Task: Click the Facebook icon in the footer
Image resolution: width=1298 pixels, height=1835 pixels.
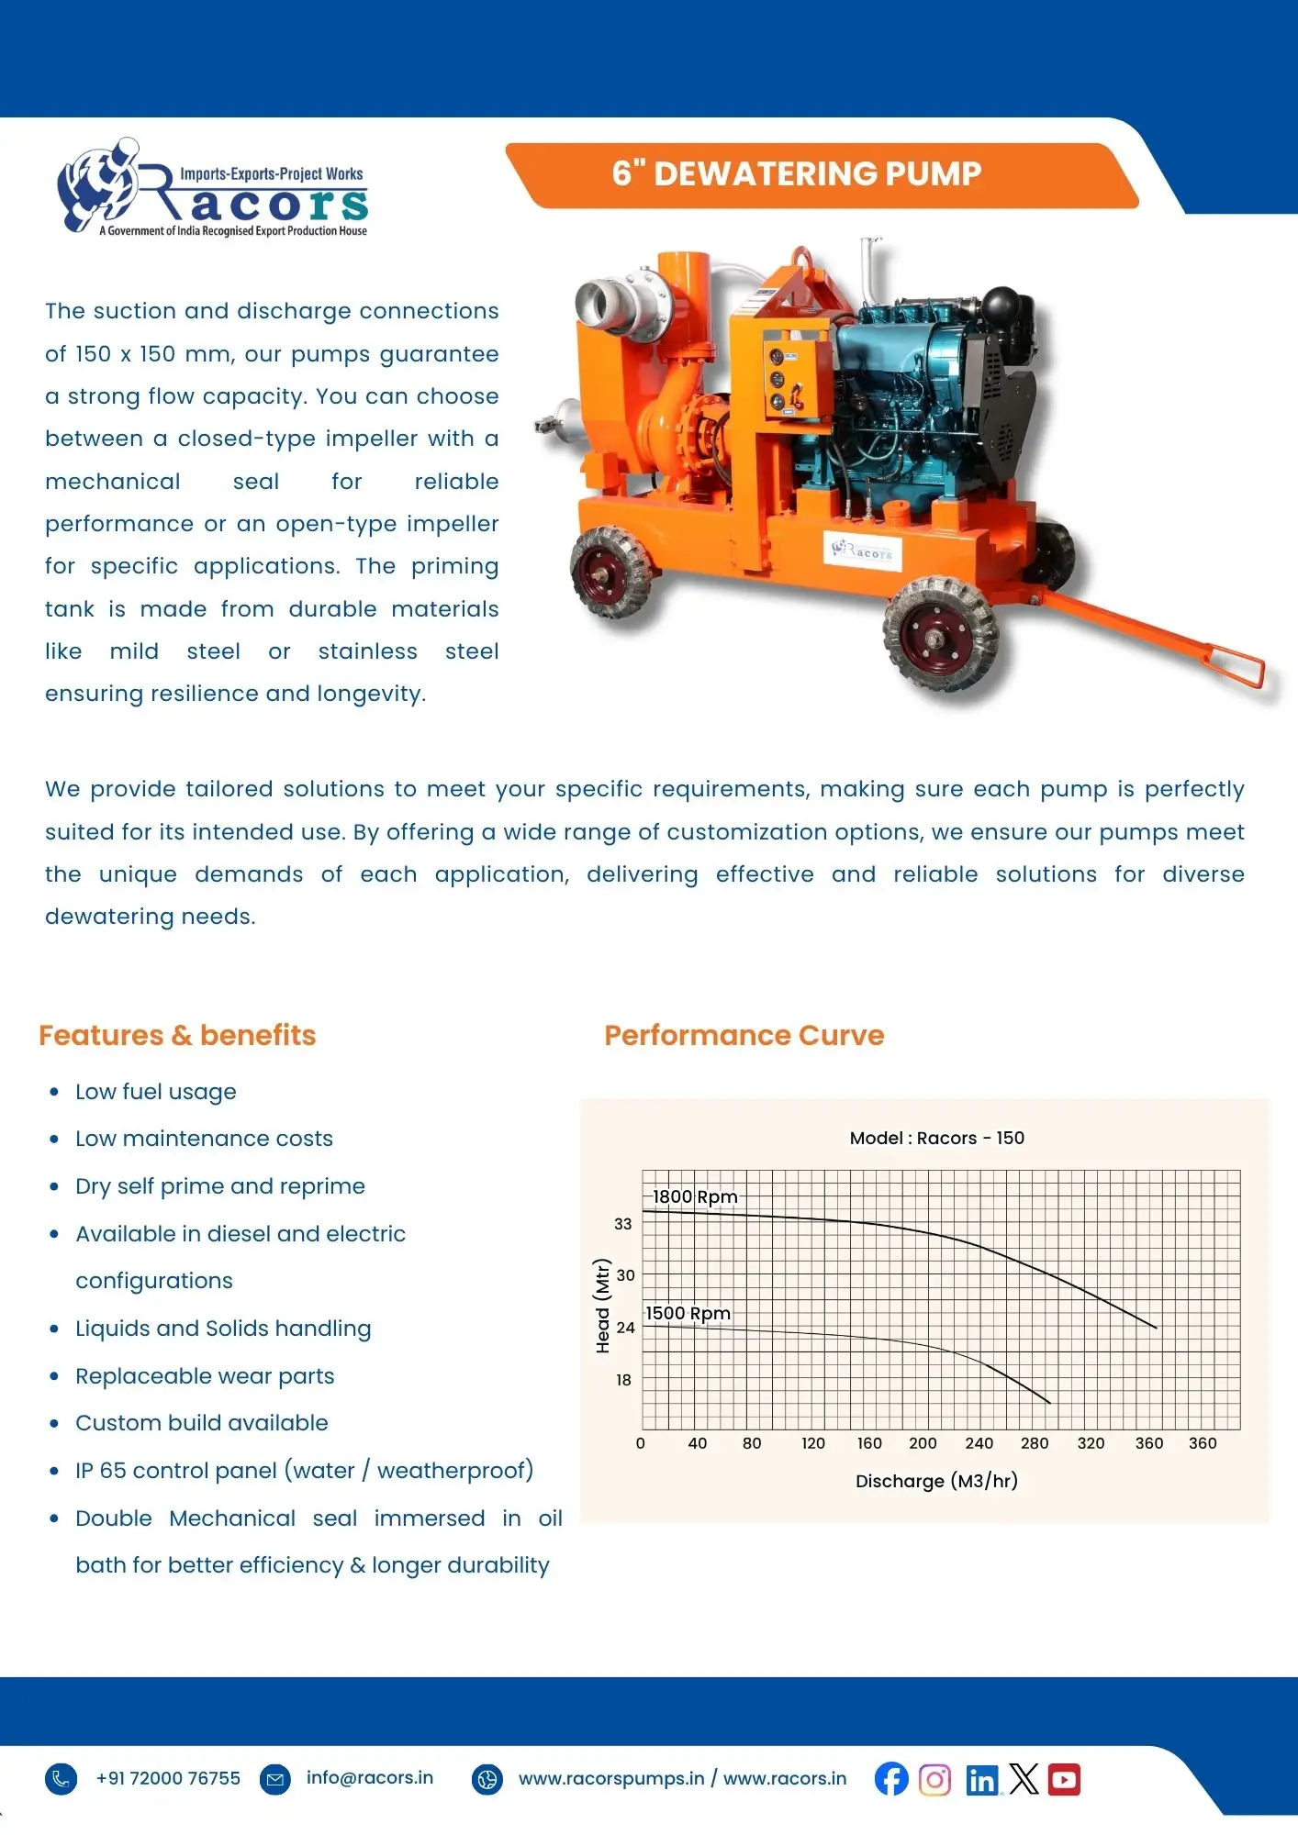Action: pos(890,1779)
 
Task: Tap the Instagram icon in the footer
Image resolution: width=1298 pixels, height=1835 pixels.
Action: pos(934,1780)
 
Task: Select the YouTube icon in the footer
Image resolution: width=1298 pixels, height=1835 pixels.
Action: pos(1064,1780)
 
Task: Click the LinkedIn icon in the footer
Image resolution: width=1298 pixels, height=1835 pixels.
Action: pos(981,1781)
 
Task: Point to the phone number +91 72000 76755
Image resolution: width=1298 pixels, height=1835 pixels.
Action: pos(168,1778)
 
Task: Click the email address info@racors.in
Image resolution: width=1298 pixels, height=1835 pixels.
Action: pos(369,1777)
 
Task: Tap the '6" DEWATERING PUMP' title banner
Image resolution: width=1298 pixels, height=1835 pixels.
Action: pos(797,173)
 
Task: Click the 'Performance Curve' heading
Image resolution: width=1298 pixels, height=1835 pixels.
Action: pos(744,1035)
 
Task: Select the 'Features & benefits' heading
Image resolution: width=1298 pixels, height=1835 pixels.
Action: pos(177,1035)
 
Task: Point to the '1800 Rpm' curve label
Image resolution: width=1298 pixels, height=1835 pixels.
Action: pos(695,1196)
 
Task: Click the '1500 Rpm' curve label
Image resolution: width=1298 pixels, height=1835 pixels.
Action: pos(688,1313)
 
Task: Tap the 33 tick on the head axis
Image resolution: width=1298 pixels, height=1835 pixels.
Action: pos(623,1224)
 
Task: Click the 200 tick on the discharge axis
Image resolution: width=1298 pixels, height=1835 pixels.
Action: pos(923,1443)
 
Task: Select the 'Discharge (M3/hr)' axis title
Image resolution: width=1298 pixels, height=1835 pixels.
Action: pos(936,1481)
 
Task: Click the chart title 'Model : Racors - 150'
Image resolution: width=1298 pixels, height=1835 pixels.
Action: pos(936,1138)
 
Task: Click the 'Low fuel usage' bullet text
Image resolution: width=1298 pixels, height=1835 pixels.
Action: pos(156,1092)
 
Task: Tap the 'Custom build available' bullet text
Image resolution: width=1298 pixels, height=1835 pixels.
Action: pos(202,1423)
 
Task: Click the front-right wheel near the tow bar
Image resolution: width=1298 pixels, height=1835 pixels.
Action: pos(940,634)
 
